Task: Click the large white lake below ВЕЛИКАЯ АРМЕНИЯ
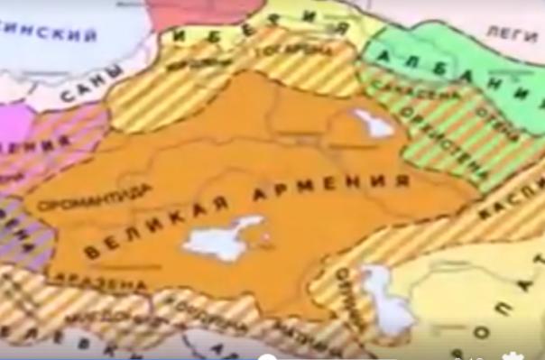click(221, 238)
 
